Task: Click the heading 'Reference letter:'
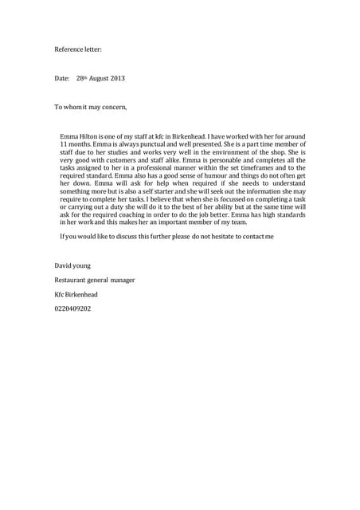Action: point(78,49)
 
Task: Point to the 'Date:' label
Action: point(62,78)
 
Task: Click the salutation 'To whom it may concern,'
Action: point(90,106)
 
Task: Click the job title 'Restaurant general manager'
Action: point(94,280)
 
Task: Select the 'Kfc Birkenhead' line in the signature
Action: point(76,294)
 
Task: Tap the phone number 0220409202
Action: point(72,308)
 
